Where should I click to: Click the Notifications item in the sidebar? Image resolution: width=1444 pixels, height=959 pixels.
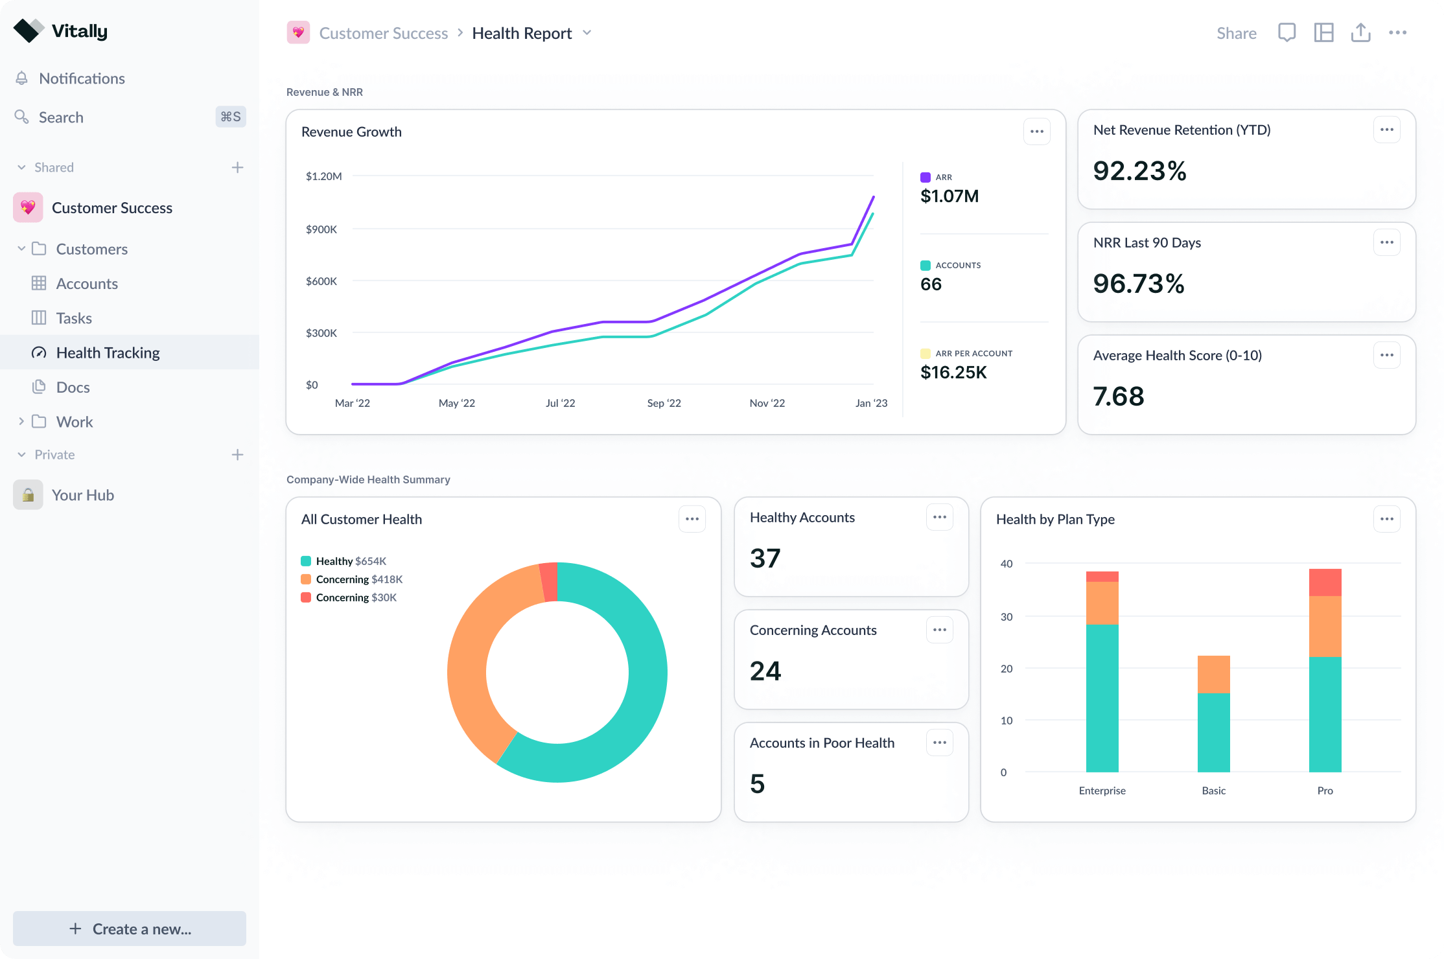point(82,78)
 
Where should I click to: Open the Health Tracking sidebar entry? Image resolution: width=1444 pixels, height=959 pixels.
point(108,352)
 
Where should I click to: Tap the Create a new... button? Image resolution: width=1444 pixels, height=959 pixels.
point(130,929)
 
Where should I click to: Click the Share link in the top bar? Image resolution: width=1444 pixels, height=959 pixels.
point(1236,33)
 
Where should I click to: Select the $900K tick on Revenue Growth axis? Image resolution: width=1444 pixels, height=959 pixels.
point(321,229)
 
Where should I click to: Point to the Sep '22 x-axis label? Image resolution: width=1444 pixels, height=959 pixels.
point(664,403)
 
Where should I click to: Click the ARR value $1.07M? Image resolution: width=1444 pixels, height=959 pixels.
point(949,196)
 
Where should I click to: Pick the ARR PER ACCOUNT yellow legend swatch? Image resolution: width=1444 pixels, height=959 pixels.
point(926,354)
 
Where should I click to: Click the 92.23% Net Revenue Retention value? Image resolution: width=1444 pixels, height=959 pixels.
point(1139,171)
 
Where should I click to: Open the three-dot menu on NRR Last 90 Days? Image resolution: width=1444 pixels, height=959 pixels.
point(1386,242)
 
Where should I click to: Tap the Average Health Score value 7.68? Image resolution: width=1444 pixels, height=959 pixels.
point(1119,397)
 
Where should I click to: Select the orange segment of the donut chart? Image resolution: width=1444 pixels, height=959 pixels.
point(473,667)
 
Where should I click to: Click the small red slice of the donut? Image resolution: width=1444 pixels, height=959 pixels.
point(549,581)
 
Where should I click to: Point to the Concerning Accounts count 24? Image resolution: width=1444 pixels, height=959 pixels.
point(765,671)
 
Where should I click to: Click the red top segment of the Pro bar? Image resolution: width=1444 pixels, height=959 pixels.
point(1325,582)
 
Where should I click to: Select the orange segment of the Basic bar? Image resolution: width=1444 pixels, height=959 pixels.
point(1213,674)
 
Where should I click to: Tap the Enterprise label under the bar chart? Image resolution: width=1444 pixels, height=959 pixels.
point(1102,791)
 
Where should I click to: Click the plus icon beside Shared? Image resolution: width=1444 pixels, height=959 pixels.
point(237,168)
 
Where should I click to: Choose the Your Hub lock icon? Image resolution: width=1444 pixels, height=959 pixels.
point(28,495)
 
